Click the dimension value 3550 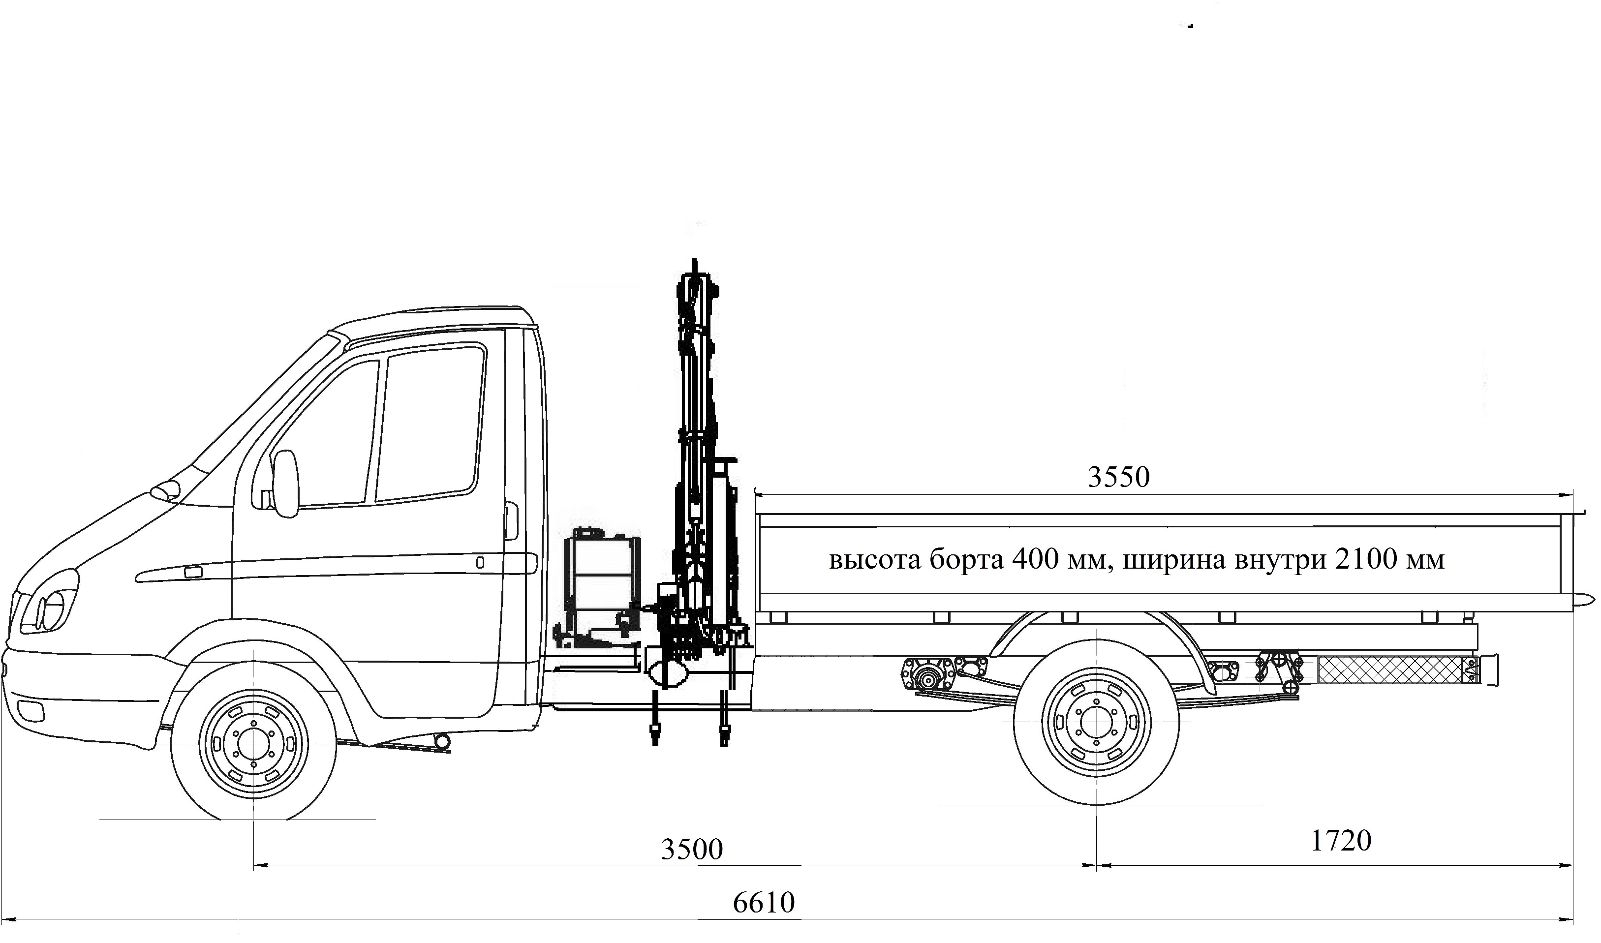click(1119, 477)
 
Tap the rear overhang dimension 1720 click(1341, 841)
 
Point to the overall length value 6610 click(764, 902)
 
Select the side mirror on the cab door click(285, 484)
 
